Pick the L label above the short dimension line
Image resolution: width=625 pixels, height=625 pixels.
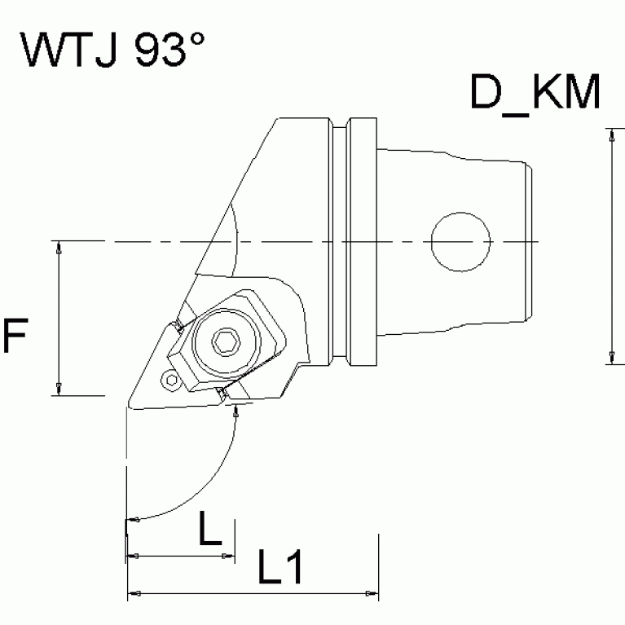point(210,531)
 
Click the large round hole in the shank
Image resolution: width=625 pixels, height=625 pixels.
point(461,242)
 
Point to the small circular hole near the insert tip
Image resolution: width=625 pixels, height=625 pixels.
point(169,380)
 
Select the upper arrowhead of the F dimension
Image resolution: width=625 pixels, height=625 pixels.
point(58,248)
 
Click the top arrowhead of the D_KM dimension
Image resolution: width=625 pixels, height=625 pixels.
point(610,135)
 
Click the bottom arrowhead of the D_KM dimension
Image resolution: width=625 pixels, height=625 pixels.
point(610,357)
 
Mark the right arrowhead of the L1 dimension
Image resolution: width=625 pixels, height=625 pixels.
point(372,592)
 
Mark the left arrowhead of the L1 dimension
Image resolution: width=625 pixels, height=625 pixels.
point(136,592)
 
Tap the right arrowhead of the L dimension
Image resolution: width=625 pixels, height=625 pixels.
point(227,556)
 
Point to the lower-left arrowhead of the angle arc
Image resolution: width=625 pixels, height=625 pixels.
point(135,519)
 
